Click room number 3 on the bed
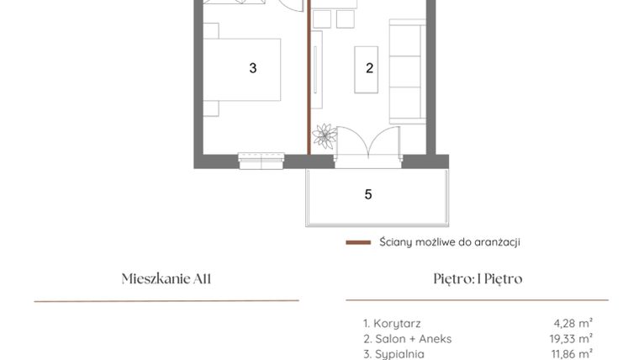click(x=252, y=68)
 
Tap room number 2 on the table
click(x=370, y=68)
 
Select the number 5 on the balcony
click(x=368, y=194)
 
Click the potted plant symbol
click(x=325, y=135)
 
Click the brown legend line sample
click(x=358, y=242)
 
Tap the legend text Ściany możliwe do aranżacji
click(x=449, y=242)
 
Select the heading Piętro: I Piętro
click(x=477, y=278)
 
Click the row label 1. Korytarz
click(x=392, y=323)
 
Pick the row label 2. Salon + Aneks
click(x=407, y=339)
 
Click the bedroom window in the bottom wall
click(x=261, y=159)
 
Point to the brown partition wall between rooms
click(x=308, y=84)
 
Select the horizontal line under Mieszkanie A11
click(x=166, y=300)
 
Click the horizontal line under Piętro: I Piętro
click(x=477, y=300)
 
